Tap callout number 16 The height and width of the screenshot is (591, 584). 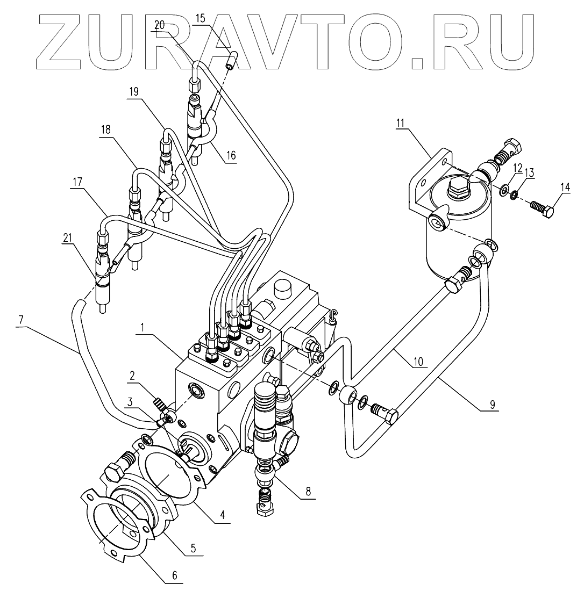click(x=231, y=156)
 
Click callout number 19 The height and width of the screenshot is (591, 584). click(x=133, y=91)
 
